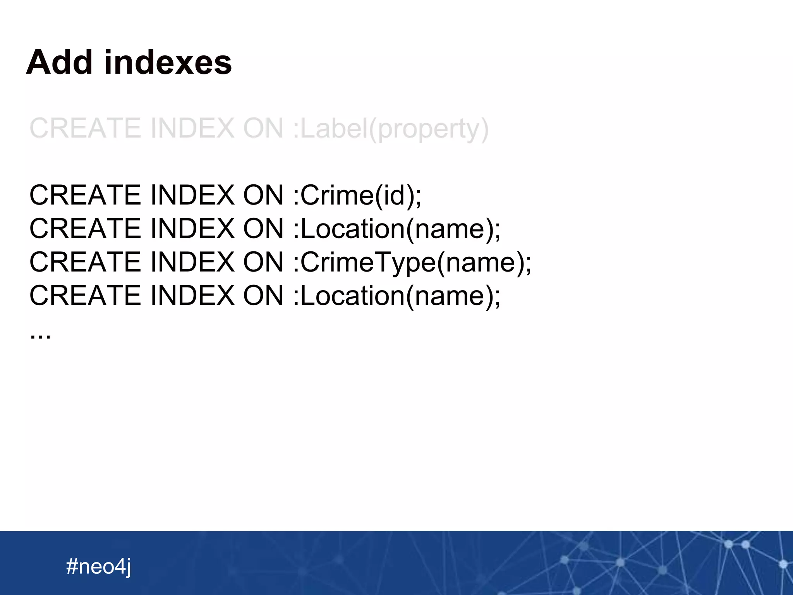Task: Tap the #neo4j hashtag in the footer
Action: click(98, 566)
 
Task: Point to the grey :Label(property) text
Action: click(391, 129)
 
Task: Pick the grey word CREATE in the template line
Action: click(85, 129)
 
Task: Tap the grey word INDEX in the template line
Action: click(192, 129)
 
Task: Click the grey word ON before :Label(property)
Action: click(263, 129)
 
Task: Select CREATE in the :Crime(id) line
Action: click(85, 195)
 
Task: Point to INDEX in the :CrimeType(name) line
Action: click(192, 262)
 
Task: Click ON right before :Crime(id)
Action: click(263, 195)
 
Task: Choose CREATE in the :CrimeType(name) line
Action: click(85, 262)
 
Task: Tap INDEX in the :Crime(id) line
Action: click(192, 195)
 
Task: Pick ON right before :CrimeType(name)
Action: click(263, 262)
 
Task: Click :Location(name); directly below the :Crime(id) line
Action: click(396, 229)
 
